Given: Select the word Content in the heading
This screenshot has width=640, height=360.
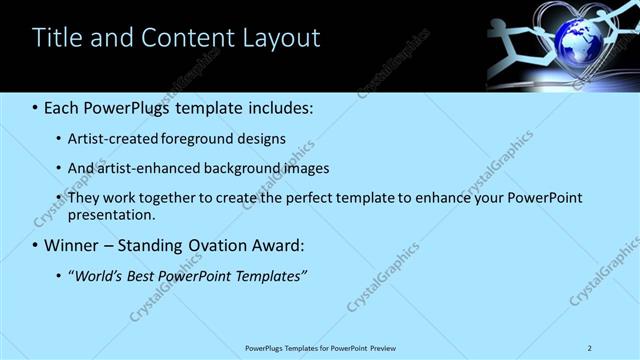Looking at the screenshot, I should pos(190,38).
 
